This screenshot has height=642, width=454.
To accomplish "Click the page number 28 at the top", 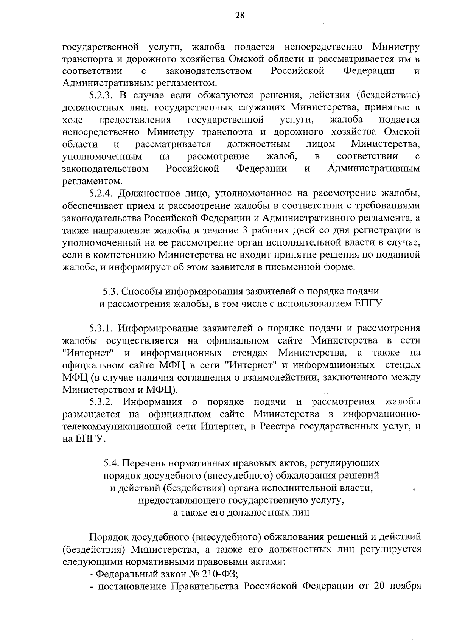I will tap(240, 16).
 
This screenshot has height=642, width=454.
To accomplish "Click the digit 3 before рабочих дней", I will tap(244, 230).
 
